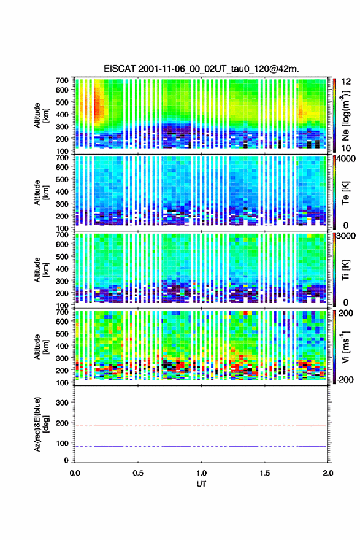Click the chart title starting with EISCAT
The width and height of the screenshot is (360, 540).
[201, 69]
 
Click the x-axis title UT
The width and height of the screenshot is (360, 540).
[201, 484]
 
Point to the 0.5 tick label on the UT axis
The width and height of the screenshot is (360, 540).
[138, 473]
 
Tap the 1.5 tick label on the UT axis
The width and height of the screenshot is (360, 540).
[265, 473]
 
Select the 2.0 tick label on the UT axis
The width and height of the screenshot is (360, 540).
[327, 473]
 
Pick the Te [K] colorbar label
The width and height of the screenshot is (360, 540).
[345, 193]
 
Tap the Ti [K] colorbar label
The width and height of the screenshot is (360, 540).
[345, 270]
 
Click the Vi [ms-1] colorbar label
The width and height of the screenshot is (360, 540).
[346, 347]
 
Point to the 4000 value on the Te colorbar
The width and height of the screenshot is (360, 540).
[346, 159]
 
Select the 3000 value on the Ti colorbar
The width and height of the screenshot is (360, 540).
[346, 236]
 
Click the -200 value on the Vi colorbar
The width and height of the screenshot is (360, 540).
[343, 379]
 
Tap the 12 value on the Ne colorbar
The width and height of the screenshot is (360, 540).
[346, 82]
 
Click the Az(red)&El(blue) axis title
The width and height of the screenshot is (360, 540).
[41, 424]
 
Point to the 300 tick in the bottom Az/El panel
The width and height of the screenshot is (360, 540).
[62, 403]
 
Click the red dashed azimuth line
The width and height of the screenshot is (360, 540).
[201, 426]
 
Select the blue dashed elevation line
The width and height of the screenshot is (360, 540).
[201, 446]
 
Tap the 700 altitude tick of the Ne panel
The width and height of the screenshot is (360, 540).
[62, 80]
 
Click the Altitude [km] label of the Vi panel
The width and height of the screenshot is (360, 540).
[41, 347]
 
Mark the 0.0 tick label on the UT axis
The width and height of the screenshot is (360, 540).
[75, 473]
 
